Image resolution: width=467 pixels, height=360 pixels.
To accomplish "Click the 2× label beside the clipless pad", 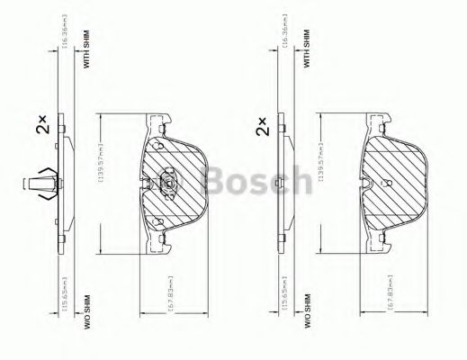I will [x=263, y=126].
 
